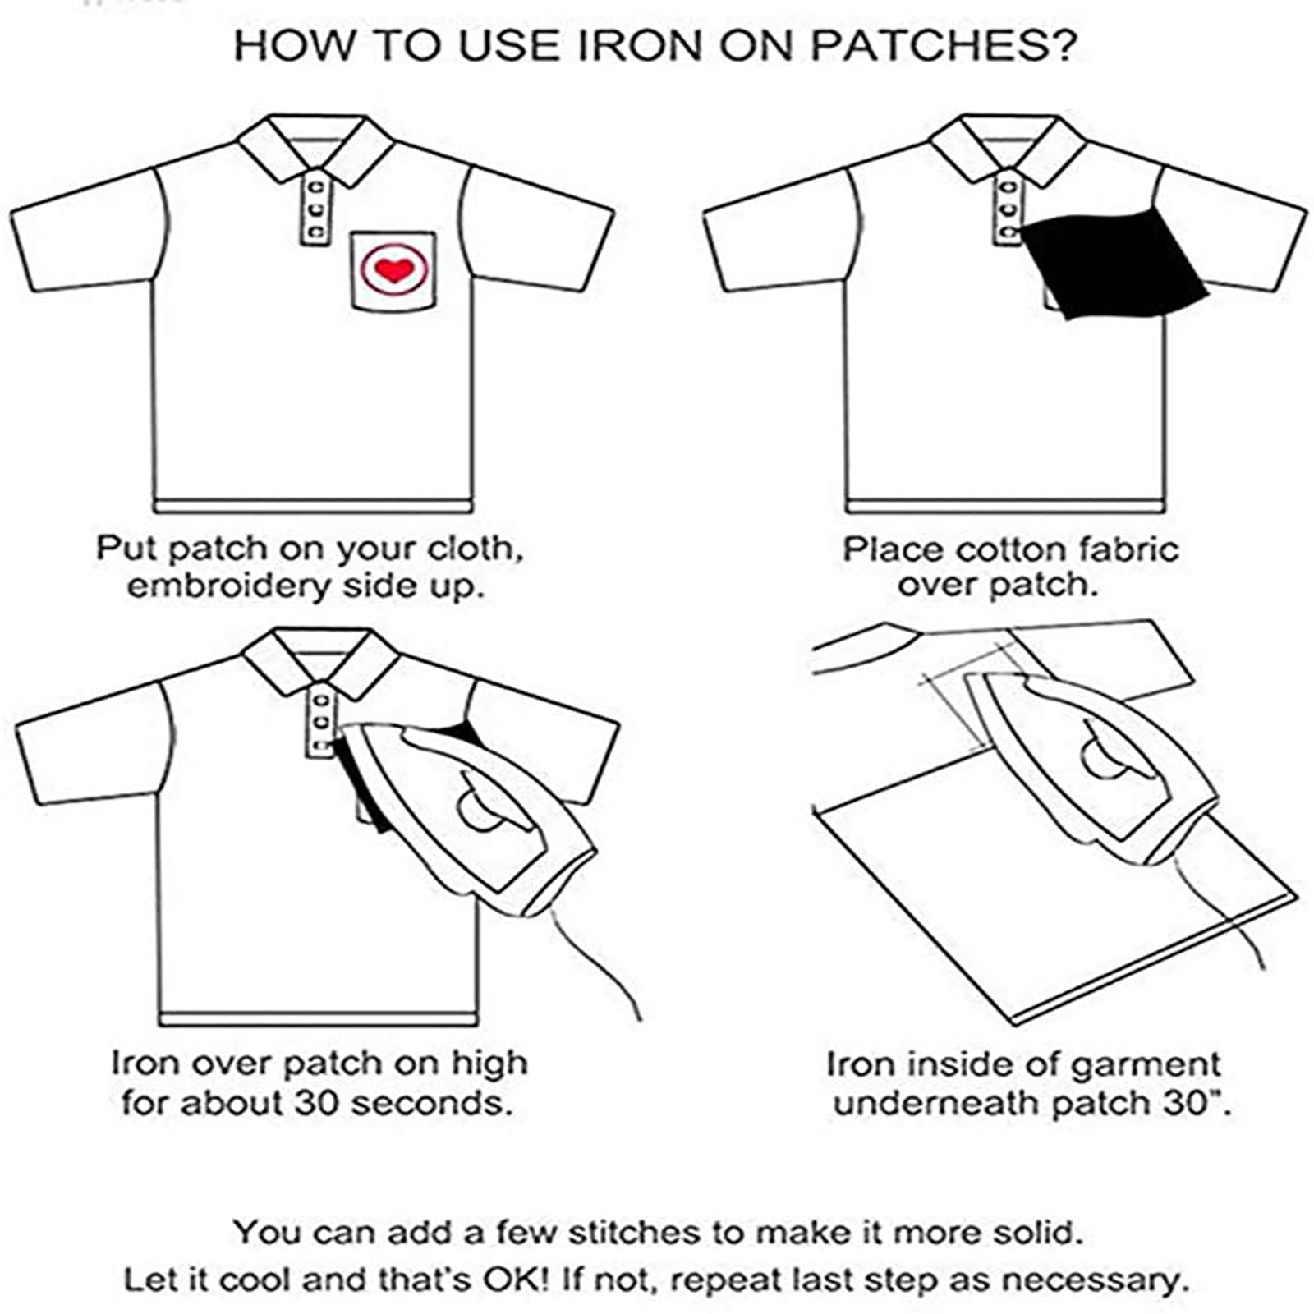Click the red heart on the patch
pyautogui.click(x=393, y=269)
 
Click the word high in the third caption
pyautogui.click(x=489, y=1065)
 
